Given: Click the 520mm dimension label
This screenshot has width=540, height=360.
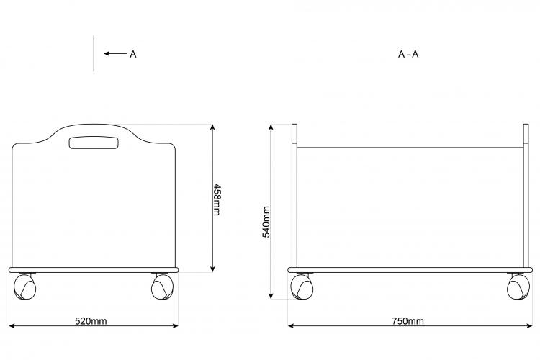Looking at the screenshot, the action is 91,321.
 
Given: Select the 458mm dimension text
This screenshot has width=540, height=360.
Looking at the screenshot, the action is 217,200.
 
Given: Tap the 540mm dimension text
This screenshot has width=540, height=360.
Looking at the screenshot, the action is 266,222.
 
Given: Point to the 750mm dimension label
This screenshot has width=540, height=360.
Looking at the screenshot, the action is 408,321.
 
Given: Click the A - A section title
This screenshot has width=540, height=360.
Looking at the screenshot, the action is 408,54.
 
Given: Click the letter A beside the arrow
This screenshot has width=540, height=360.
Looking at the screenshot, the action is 133,54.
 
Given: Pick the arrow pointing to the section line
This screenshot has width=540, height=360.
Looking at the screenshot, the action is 115,53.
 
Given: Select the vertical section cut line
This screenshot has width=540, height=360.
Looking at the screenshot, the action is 94,53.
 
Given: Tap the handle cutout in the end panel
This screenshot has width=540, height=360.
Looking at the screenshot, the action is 94,143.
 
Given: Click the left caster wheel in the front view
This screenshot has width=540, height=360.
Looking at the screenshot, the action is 24,287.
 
